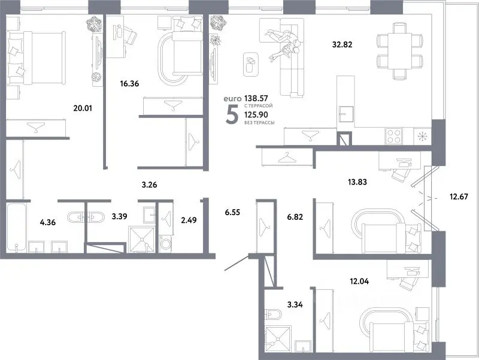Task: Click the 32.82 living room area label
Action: click(x=342, y=44)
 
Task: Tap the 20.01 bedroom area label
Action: click(x=83, y=108)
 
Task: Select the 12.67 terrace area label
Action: click(x=459, y=196)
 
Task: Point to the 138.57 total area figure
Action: click(x=256, y=98)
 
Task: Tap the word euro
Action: click(x=232, y=99)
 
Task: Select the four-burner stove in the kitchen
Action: click(x=394, y=136)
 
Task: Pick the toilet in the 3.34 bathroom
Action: click(x=274, y=314)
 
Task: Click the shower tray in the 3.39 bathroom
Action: click(x=141, y=239)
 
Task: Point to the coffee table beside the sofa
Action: click(x=251, y=64)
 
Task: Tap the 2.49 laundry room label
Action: click(x=189, y=220)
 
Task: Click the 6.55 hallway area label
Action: click(x=233, y=212)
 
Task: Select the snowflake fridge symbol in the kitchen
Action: click(x=422, y=136)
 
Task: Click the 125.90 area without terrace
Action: click(x=256, y=114)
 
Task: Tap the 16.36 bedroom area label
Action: click(x=129, y=83)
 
